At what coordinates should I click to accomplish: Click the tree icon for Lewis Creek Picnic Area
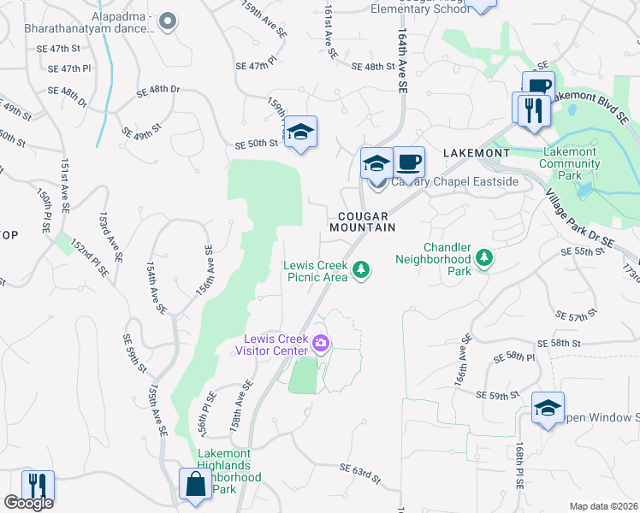point(362,270)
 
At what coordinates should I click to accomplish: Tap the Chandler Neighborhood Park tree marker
point(484,257)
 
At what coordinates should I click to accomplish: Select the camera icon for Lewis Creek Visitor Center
point(322,344)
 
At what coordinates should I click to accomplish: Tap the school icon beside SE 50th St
point(300,133)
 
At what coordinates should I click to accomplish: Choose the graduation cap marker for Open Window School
point(548,408)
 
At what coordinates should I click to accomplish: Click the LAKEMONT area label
point(476,152)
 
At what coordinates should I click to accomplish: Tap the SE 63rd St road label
point(359,470)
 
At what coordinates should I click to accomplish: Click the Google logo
point(28,503)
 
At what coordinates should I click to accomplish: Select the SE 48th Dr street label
point(159,89)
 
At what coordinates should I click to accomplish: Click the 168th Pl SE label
point(519,467)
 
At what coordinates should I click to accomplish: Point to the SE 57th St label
point(575,316)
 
